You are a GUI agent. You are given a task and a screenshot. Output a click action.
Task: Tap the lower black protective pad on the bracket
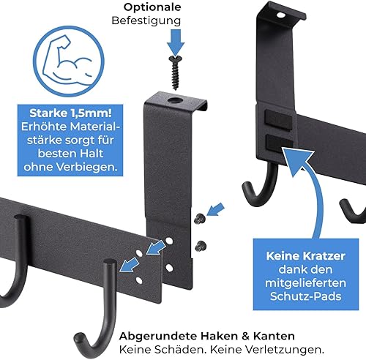tap(277, 140)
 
